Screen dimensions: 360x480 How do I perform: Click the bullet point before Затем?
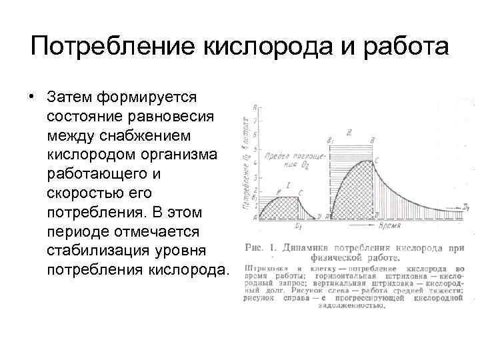point(31,98)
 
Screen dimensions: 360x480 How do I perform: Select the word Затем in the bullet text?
point(69,98)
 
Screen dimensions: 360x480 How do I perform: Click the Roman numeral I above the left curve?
point(287,184)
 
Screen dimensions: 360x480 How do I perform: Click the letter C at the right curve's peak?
point(377,162)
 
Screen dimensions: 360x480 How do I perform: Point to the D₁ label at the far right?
point(466,209)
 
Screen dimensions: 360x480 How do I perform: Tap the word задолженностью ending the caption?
point(353,306)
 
